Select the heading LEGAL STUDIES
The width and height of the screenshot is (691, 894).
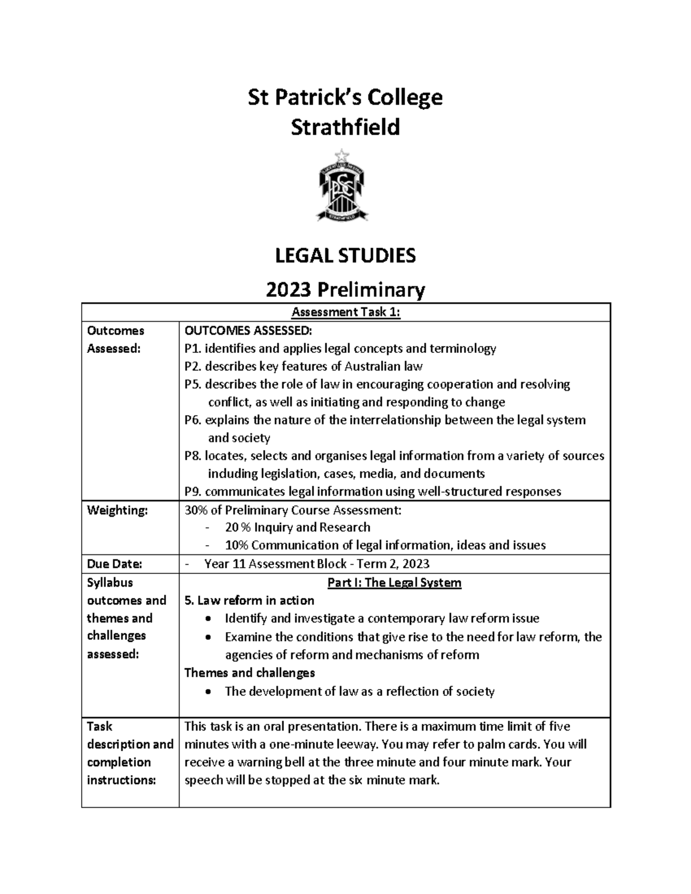345,255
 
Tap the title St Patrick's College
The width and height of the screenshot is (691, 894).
345,97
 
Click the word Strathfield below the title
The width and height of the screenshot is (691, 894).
345,127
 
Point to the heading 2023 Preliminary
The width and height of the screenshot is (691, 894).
345,290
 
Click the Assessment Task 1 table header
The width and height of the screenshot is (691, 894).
345,313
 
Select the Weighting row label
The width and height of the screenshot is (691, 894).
117,510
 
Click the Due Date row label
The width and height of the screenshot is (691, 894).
114,564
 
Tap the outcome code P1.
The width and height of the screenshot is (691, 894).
192,349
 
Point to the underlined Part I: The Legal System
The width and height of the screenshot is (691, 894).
394,583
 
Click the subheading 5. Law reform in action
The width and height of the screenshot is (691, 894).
249,600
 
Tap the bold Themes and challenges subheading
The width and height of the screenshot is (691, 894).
249,672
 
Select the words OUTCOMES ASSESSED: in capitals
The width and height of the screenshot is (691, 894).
248,331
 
